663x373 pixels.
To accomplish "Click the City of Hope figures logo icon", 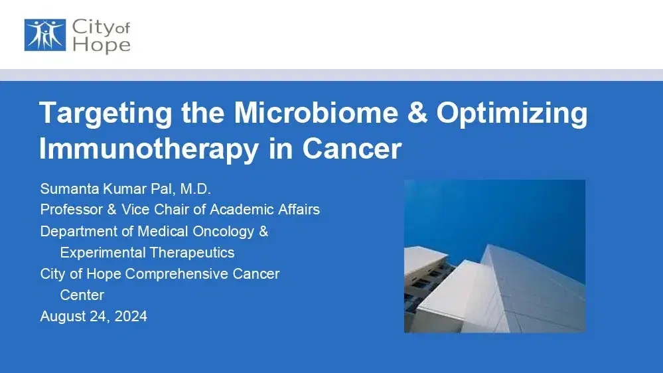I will coord(44,35).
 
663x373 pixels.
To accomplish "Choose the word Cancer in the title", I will coord(352,148).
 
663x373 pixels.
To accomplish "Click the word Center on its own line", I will coord(82,295).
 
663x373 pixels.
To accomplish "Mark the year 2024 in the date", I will coord(131,316).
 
